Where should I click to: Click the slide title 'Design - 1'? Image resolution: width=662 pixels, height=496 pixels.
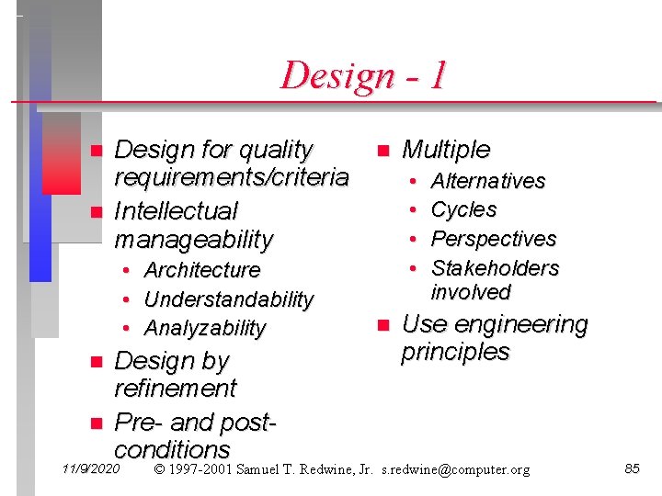click(x=363, y=74)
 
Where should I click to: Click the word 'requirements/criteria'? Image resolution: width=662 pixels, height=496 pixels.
click(x=231, y=176)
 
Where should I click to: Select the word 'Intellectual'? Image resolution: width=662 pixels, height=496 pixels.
click(x=176, y=211)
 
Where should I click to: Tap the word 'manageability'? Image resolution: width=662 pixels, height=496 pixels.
click(x=194, y=240)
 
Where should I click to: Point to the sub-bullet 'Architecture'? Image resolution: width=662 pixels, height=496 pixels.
click(x=202, y=270)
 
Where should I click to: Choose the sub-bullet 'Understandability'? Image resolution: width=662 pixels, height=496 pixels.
click(x=229, y=299)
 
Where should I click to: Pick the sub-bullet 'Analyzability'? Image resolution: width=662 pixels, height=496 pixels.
click(x=205, y=328)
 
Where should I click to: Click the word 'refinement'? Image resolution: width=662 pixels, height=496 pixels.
click(x=175, y=389)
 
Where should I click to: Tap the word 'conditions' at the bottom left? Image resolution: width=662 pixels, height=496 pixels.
click(x=172, y=449)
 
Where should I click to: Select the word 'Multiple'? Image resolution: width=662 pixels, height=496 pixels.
click(x=446, y=150)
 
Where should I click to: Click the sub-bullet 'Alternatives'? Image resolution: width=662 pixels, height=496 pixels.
click(x=488, y=181)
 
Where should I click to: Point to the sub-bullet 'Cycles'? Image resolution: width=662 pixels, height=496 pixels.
click(x=463, y=209)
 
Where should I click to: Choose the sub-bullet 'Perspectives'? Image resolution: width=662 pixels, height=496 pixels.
click(x=494, y=239)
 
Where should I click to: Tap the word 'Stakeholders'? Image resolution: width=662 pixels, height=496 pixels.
click(x=495, y=268)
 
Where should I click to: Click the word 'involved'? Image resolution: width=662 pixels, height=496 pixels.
click(x=471, y=292)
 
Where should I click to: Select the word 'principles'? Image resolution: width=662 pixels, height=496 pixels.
click(x=454, y=352)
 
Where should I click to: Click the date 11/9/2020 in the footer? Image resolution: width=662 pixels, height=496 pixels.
click(x=90, y=468)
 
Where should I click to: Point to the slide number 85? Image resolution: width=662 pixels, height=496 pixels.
click(x=632, y=468)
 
